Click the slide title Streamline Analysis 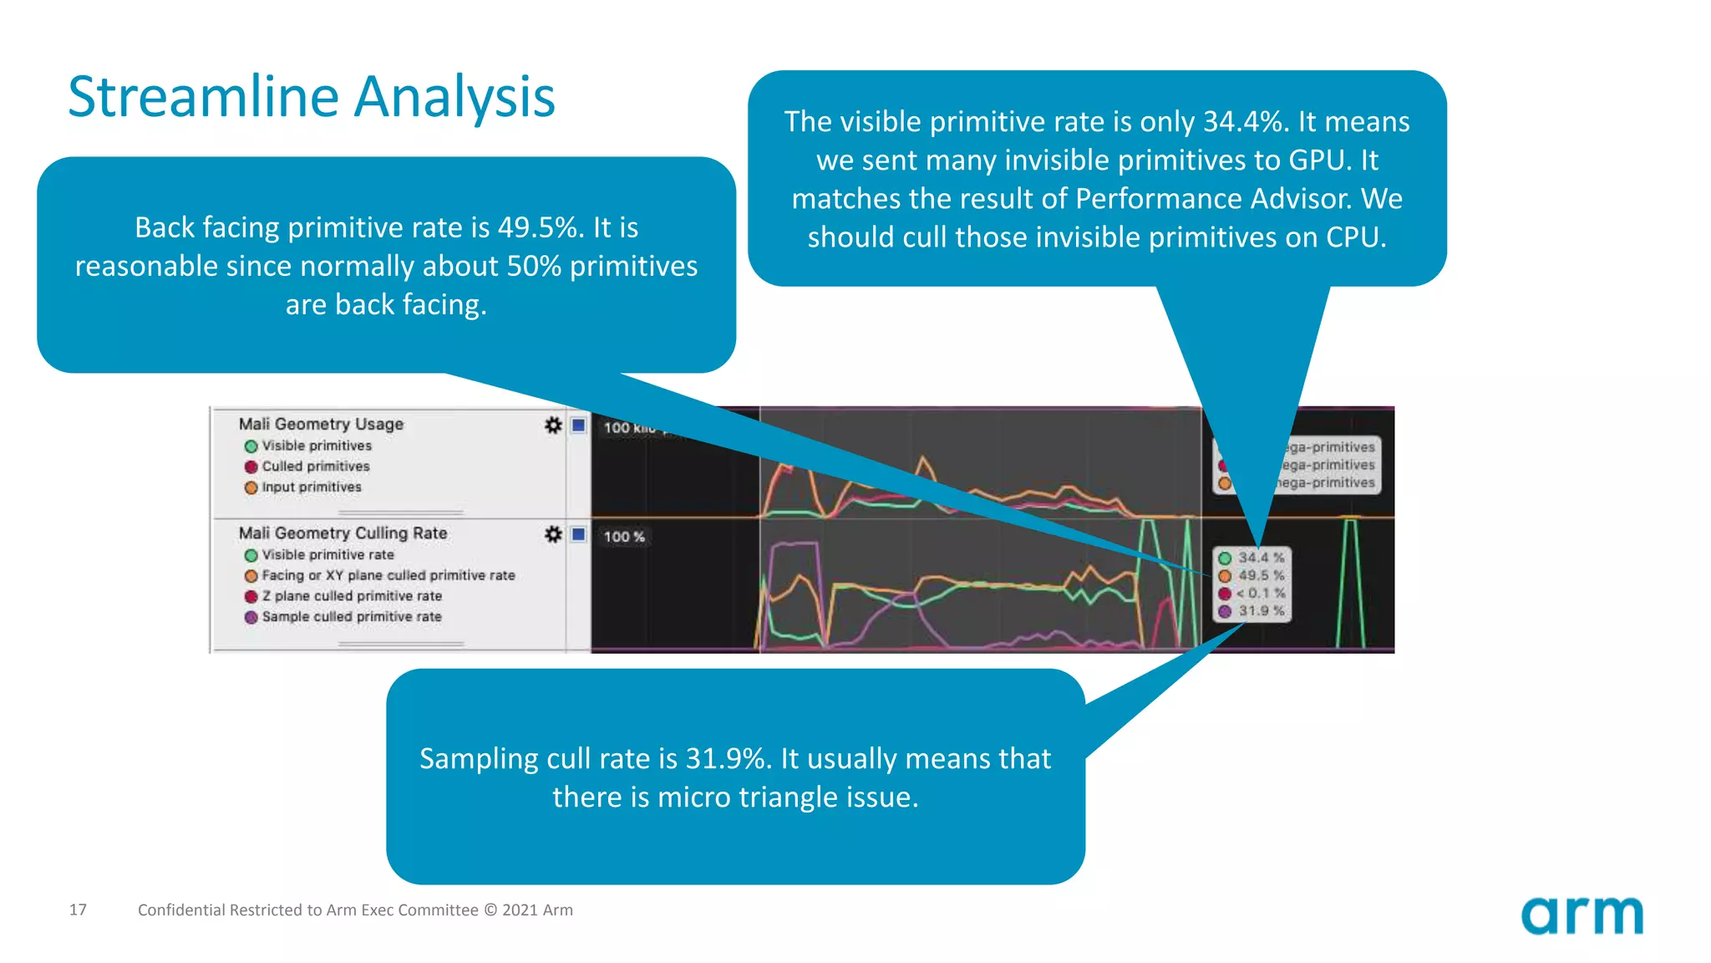pyautogui.click(x=311, y=97)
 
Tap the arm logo pyautogui.click(x=1582, y=916)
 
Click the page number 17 pyautogui.click(x=78, y=909)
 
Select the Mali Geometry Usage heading pyautogui.click(x=321, y=424)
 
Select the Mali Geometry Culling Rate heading pyautogui.click(x=343, y=532)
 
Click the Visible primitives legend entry pyautogui.click(x=316, y=446)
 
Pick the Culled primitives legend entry pyautogui.click(x=315, y=466)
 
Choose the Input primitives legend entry pyautogui.click(x=311, y=487)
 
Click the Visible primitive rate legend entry pyautogui.click(x=327, y=554)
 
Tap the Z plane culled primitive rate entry pyautogui.click(x=351, y=596)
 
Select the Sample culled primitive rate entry pyautogui.click(x=351, y=616)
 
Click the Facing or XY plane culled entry pyautogui.click(x=388, y=575)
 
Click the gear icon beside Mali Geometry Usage pyautogui.click(x=553, y=425)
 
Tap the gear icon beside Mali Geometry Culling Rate pyautogui.click(x=553, y=534)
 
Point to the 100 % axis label pyautogui.click(x=624, y=537)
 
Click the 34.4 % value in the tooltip pyautogui.click(x=1261, y=558)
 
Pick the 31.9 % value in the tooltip pyautogui.click(x=1261, y=611)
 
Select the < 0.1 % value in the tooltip pyautogui.click(x=1261, y=593)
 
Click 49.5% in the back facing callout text pyautogui.click(x=540, y=227)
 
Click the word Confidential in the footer pyautogui.click(x=181, y=909)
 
